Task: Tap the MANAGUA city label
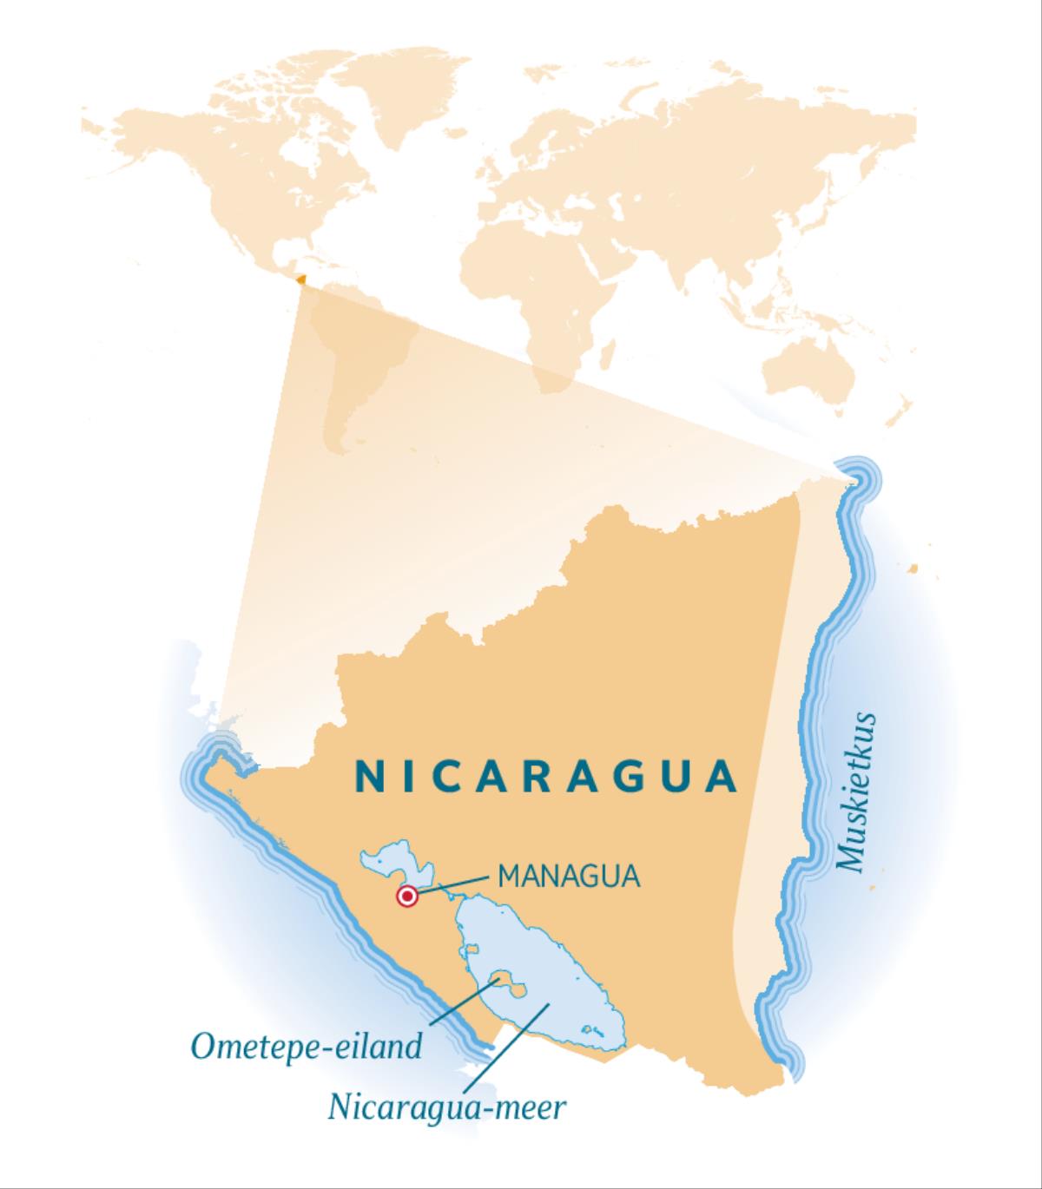[x=569, y=876]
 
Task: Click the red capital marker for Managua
[x=406, y=897]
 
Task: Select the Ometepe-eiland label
[x=307, y=1046]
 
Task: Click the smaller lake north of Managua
[x=392, y=863]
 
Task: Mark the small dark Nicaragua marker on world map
[x=300, y=279]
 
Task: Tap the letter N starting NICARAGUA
[x=367, y=776]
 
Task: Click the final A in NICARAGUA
[x=721, y=776]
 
